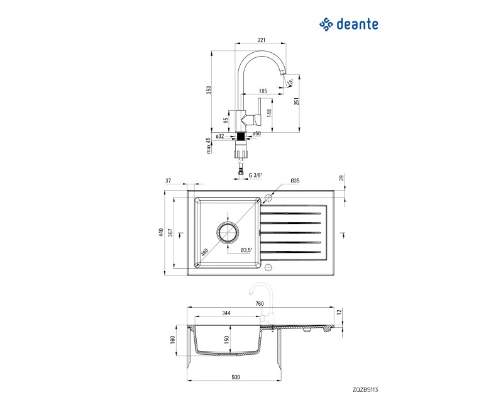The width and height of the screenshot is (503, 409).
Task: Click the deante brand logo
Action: coord(349,25)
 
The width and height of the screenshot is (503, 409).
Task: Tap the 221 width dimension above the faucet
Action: coord(262,40)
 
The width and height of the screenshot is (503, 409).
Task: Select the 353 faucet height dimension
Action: coord(209,91)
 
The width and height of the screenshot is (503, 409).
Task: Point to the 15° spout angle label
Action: coord(290,82)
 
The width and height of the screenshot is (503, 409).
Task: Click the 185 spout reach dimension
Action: coord(263,91)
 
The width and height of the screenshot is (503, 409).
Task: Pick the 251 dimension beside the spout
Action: coord(297,101)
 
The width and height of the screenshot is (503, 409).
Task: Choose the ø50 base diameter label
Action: coord(257,133)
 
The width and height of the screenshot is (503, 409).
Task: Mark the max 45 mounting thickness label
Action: coord(209,145)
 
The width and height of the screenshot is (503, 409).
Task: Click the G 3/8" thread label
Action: coord(256,176)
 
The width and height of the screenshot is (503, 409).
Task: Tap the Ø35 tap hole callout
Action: coord(295,181)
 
